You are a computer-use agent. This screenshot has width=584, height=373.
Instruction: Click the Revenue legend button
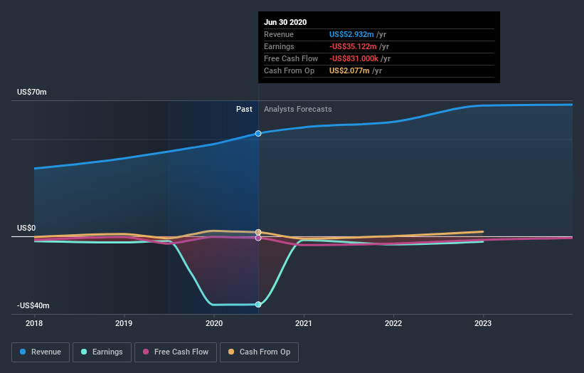click(41, 352)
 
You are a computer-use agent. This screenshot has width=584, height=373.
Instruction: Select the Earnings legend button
click(102, 352)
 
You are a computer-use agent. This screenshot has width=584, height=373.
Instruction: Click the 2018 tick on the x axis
click(34, 323)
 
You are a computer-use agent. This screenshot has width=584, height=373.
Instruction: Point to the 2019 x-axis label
click(124, 323)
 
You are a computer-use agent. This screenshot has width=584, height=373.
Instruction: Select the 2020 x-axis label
click(214, 323)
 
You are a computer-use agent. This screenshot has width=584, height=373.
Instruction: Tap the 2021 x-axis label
click(304, 323)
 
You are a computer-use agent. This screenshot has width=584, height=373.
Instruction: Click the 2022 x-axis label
click(393, 323)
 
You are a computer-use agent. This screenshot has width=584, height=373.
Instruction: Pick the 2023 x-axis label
click(483, 323)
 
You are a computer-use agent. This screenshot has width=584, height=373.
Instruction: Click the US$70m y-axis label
click(32, 93)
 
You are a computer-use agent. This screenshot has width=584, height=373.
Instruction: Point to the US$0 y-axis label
click(27, 228)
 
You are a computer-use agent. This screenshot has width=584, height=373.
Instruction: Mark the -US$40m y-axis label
click(33, 305)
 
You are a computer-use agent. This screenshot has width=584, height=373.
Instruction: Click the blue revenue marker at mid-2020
click(258, 133)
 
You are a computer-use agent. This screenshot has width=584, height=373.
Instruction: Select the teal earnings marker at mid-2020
click(258, 305)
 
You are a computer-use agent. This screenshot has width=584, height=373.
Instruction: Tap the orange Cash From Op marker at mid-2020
click(258, 232)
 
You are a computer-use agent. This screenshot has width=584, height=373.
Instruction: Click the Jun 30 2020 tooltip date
click(285, 22)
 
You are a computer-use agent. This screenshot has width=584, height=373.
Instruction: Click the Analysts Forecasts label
click(297, 109)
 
